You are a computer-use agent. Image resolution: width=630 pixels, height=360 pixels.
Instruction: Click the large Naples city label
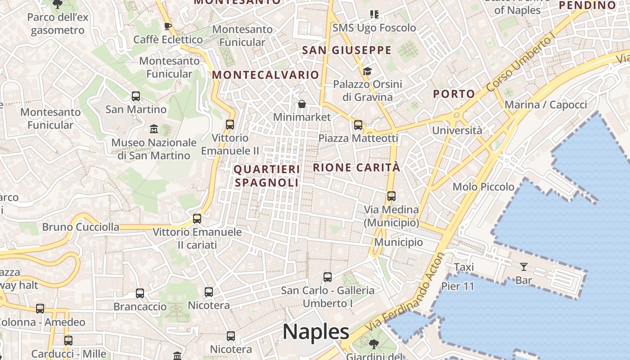click(316, 332)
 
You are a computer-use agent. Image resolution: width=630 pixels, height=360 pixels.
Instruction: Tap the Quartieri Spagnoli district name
click(266, 176)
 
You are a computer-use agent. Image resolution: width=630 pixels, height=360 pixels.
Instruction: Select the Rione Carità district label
click(356, 167)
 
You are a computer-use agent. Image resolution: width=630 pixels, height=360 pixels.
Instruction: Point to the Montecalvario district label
click(265, 75)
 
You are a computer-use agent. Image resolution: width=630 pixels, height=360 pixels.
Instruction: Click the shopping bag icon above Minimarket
click(302, 104)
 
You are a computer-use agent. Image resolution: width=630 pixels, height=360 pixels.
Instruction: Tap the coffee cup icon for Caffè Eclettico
click(167, 26)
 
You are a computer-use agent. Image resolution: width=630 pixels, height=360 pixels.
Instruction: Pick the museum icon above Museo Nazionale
click(154, 129)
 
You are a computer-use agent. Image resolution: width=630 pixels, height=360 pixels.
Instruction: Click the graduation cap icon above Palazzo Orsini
click(367, 71)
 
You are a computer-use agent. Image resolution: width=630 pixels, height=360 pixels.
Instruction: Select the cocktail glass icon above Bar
click(523, 267)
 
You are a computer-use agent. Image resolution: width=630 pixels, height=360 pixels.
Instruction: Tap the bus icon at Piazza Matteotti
click(358, 125)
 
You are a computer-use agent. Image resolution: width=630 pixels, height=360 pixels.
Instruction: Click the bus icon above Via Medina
click(391, 196)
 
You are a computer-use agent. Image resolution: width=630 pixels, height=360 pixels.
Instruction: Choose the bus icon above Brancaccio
click(140, 293)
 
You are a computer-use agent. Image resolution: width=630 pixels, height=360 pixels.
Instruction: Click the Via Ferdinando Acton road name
click(405, 293)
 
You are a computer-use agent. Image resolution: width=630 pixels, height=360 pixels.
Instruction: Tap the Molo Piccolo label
click(483, 187)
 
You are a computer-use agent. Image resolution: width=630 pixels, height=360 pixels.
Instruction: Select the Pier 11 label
click(458, 286)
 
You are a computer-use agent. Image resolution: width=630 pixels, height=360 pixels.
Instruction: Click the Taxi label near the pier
click(464, 267)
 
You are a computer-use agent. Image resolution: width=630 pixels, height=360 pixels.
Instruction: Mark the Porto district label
click(454, 94)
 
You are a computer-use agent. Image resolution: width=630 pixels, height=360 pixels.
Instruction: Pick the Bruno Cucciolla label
click(81, 227)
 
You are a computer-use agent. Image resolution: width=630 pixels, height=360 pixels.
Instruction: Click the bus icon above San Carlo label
click(328, 277)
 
